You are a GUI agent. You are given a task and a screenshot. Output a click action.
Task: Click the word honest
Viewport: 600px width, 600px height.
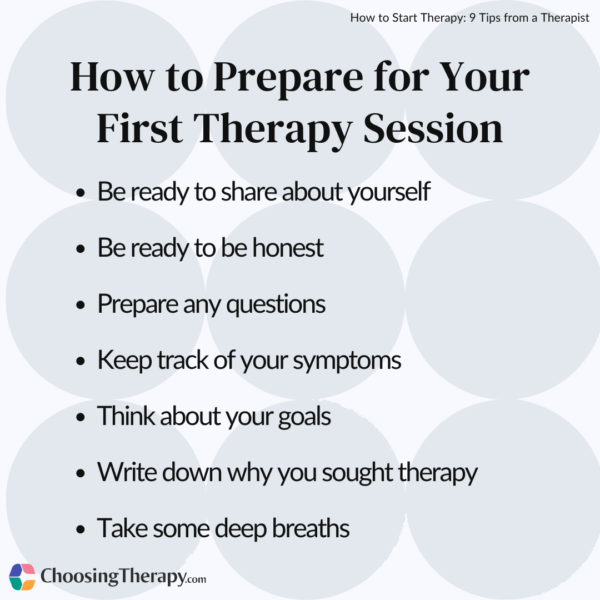pos(284,248)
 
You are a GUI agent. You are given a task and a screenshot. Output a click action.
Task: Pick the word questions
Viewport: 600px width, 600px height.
pos(278,304)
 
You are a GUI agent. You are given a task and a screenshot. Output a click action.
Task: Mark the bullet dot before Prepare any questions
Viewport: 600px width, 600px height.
pos(80,305)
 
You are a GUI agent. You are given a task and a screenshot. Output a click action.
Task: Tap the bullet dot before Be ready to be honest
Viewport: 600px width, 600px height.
pos(80,249)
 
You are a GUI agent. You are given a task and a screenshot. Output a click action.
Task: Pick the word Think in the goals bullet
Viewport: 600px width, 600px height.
pos(123,416)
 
